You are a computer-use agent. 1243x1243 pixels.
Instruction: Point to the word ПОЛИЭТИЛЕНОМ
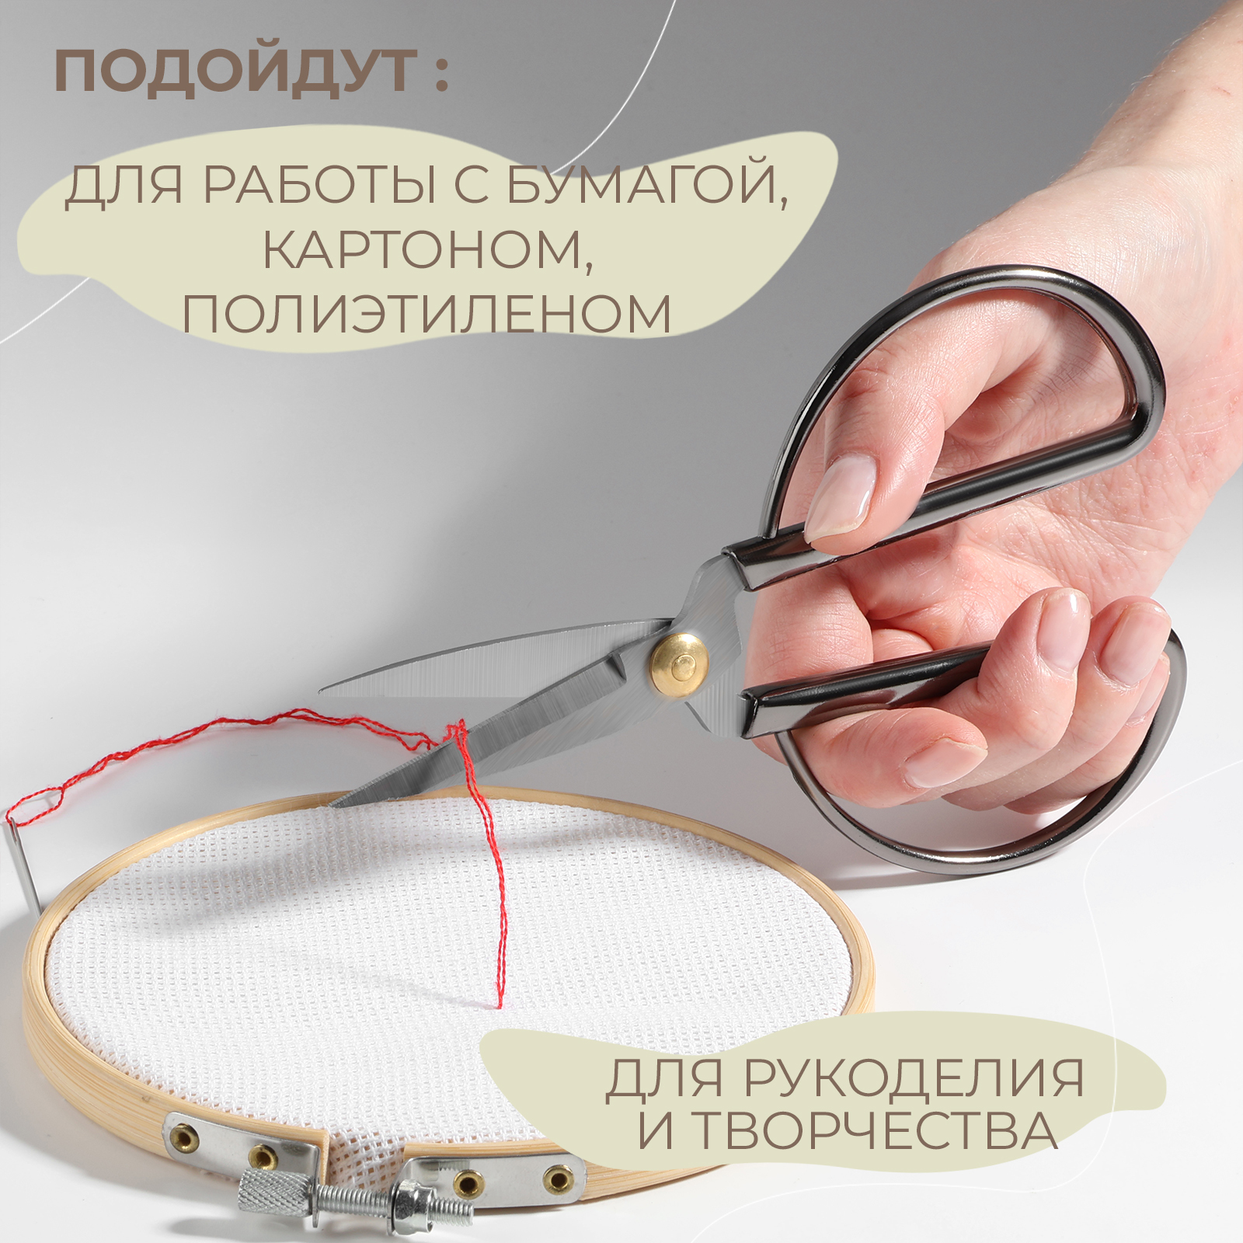click(427, 314)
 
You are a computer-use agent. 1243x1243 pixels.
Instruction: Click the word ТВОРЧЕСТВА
click(874, 1130)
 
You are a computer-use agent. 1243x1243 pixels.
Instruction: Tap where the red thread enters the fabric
click(499, 1004)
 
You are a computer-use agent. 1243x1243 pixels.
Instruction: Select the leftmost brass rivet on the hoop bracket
click(183, 1138)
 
